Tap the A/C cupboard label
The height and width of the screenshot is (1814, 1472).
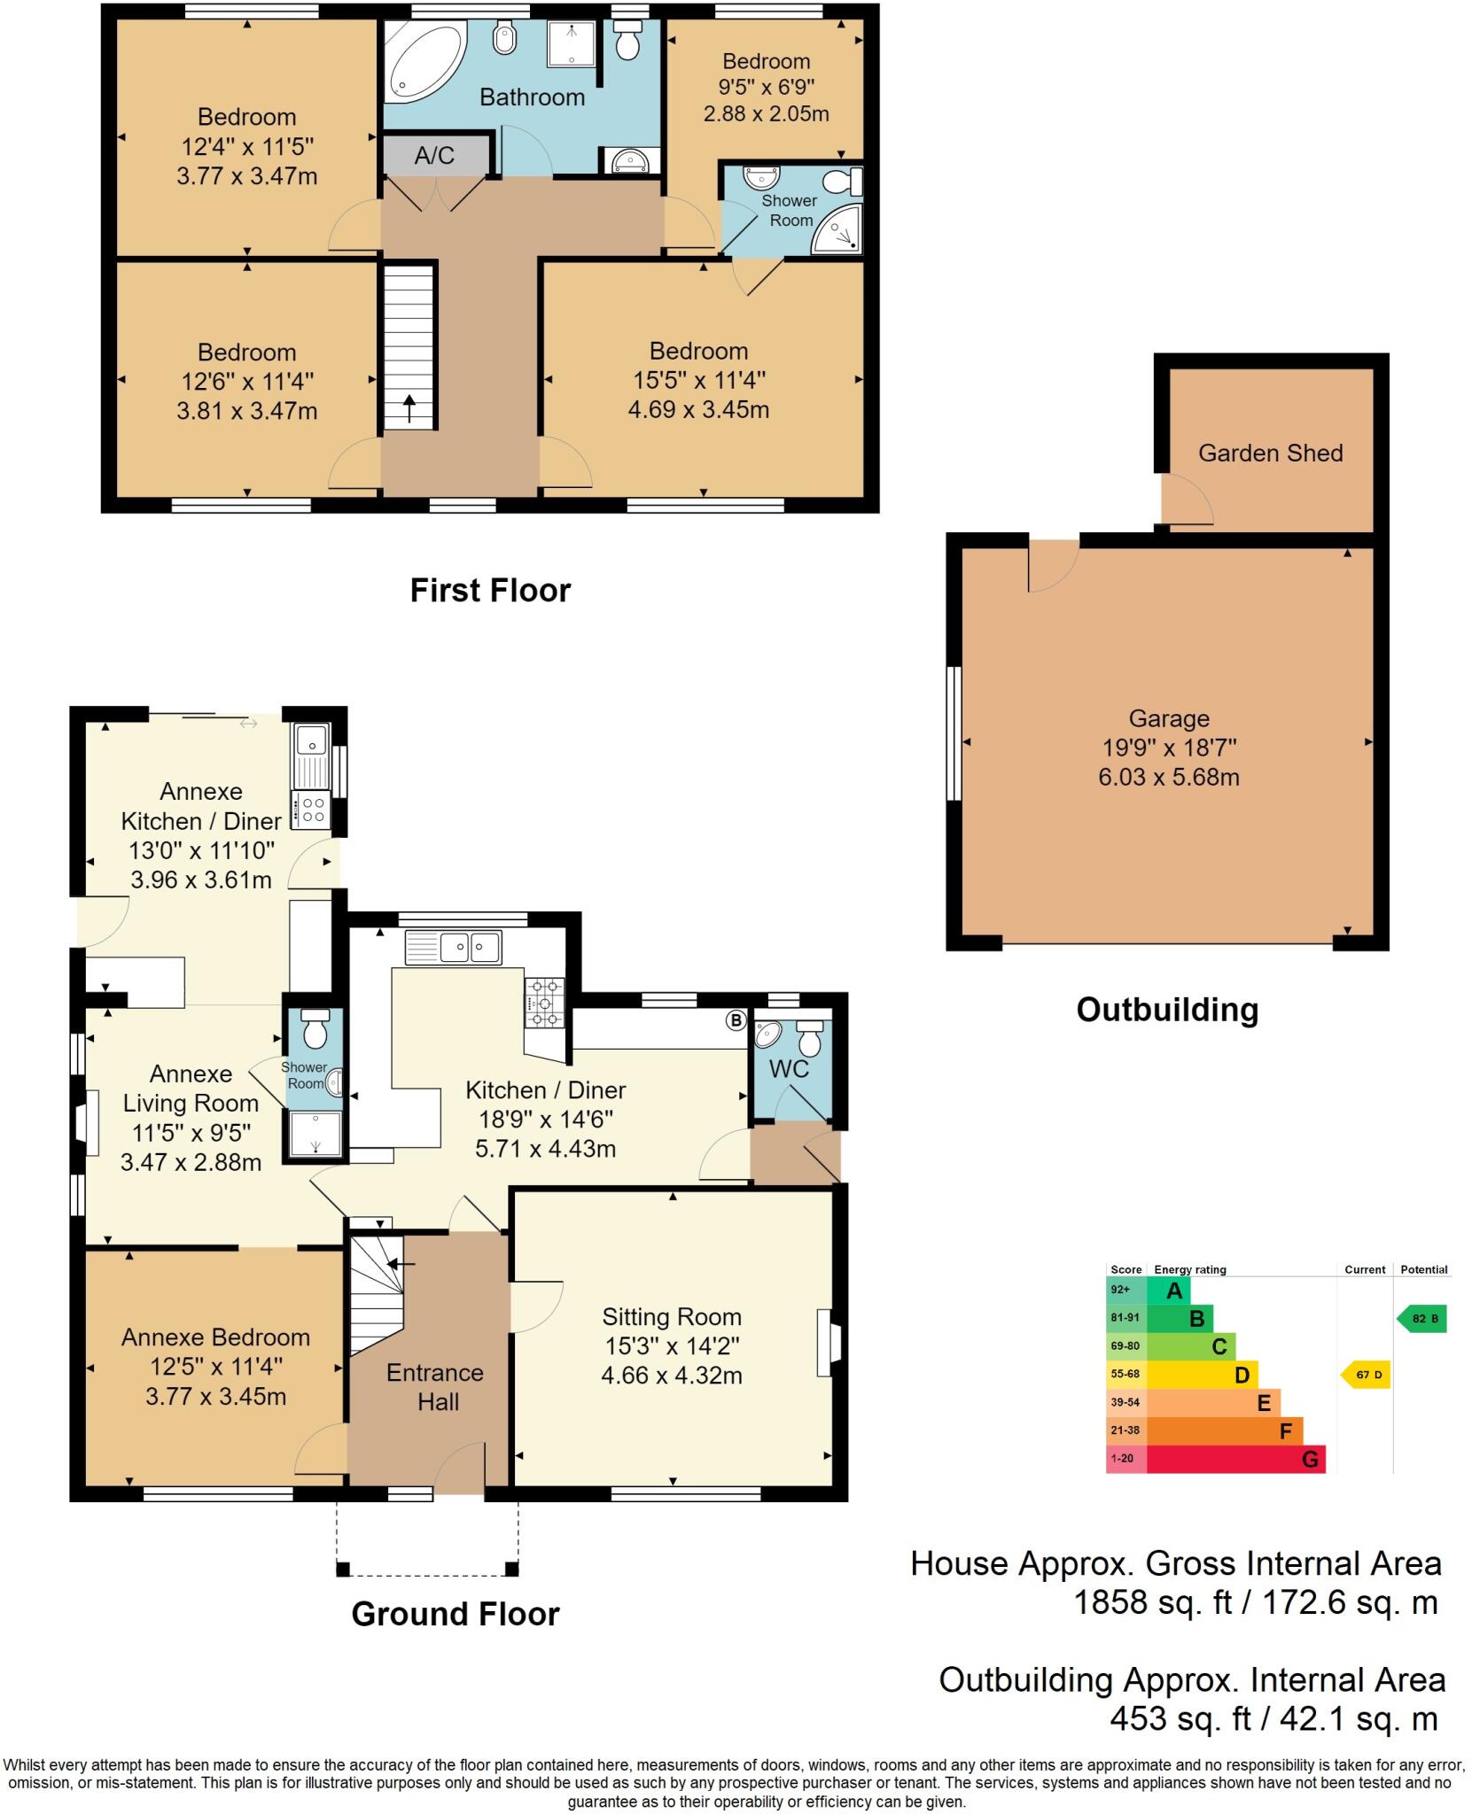pos(434,156)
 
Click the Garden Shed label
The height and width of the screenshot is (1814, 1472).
pos(1270,453)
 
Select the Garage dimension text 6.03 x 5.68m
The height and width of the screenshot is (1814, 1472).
pos(1168,778)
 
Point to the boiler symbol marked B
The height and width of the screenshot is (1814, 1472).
pos(736,1020)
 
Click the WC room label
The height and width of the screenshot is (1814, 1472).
pos(789,1069)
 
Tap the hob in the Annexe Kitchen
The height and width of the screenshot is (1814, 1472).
pos(312,810)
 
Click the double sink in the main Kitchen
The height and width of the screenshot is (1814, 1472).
pos(454,947)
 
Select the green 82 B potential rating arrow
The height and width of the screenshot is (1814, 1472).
pos(1422,1319)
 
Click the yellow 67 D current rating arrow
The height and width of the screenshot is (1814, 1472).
pos(1367,1376)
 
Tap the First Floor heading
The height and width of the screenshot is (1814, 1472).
pos(490,591)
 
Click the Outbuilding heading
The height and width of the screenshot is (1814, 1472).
pos(1167,1010)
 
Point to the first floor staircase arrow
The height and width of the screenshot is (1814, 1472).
pos(409,409)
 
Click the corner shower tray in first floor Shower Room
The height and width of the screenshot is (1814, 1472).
pos(837,232)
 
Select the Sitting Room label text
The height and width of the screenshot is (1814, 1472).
pos(672,1317)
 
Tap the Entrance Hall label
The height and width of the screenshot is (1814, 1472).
pos(435,1387)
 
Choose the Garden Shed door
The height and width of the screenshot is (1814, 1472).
pos(1188,500)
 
